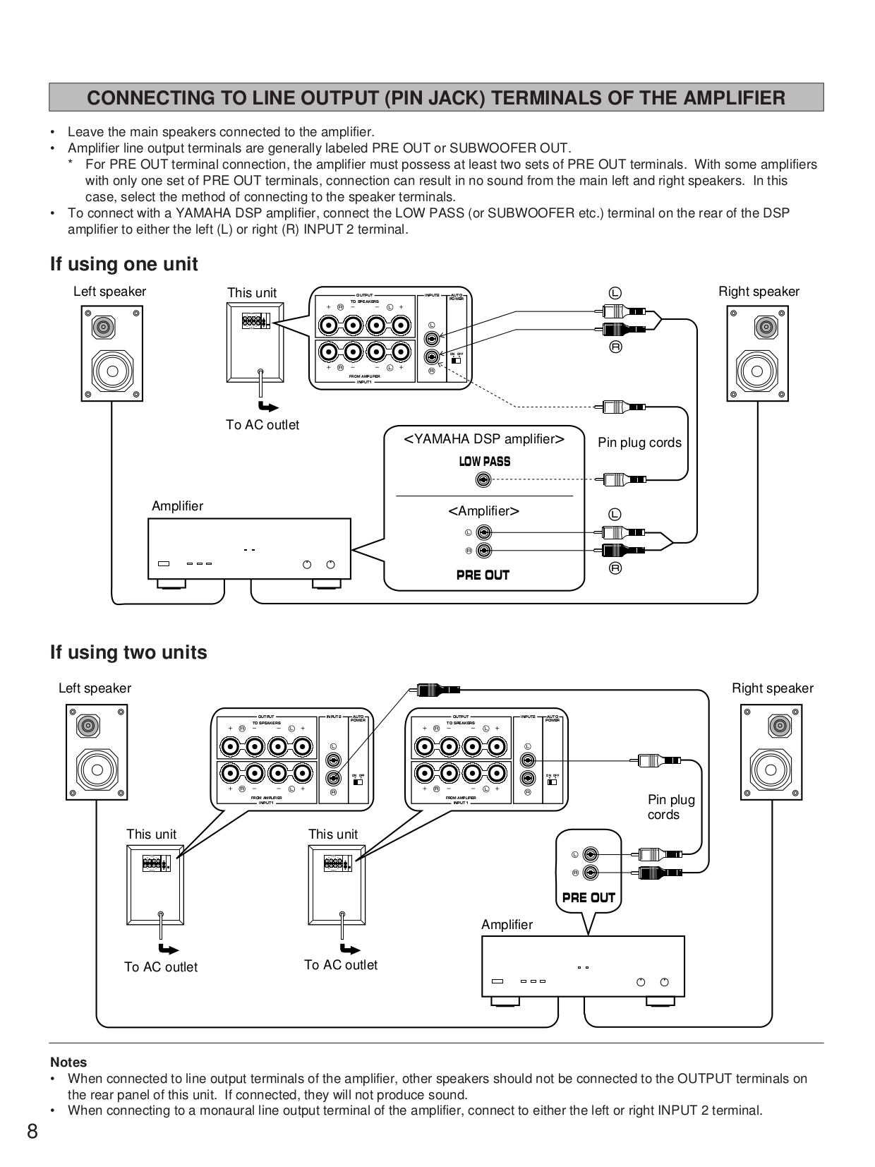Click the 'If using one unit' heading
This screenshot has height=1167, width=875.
point(123,264)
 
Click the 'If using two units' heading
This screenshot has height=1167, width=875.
point(128,652)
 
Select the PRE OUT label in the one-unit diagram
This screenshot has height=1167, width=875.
point(483,575)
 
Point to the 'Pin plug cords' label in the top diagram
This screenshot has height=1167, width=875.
point(639,443)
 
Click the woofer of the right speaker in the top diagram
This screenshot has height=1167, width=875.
point(756,371)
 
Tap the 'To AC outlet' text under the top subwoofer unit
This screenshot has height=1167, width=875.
point(262,425)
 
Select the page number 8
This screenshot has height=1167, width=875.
point(32,1132)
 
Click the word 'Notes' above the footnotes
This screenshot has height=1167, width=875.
point(68,1062)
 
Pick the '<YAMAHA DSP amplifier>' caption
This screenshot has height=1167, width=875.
point(483,439)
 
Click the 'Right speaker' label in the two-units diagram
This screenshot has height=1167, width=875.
point(772,688)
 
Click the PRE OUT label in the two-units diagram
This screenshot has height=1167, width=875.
point(589,897)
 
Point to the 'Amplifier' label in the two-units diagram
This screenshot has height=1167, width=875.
point(507,924)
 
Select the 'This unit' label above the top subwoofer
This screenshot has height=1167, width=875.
point(251,292)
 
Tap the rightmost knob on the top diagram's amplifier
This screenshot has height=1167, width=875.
point(330,564)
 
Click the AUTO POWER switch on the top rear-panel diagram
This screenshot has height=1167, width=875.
point(457,360)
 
